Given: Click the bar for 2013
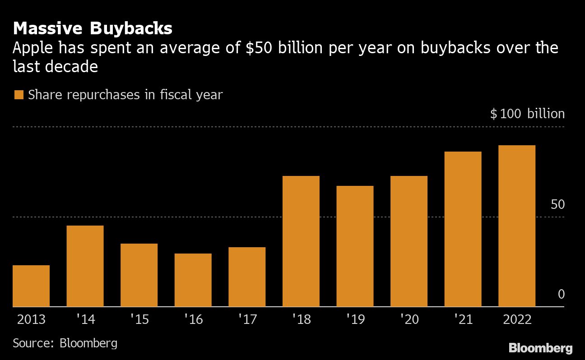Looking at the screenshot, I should tap(31, 286).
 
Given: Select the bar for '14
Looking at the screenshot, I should tap(85, 266).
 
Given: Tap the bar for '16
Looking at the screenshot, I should tap(193, 280).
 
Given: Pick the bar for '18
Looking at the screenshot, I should tap(301, 241).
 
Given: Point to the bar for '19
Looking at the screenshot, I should tap(355, 246).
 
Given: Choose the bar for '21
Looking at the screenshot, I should tap(463, 229).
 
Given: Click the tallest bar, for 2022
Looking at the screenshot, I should tap(517, 226).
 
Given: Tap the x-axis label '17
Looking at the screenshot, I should tap(247, 319).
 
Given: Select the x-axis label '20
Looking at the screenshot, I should tap(409, 319).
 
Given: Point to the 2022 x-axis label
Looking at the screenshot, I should tap(517, 319).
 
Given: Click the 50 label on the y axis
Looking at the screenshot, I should tap(557, 204).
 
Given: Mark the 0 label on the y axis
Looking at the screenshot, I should tap(561, 294).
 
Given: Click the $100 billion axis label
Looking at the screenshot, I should tap(527, 113).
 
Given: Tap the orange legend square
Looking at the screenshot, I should tap(19, 95).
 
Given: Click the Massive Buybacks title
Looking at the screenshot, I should tap(93, 29).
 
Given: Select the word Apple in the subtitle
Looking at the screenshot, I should tap(31, 48).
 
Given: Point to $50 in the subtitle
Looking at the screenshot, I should tap(256, 48).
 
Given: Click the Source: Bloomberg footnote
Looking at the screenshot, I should tap(65, 343).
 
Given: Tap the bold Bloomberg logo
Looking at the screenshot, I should tap(540, 348).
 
